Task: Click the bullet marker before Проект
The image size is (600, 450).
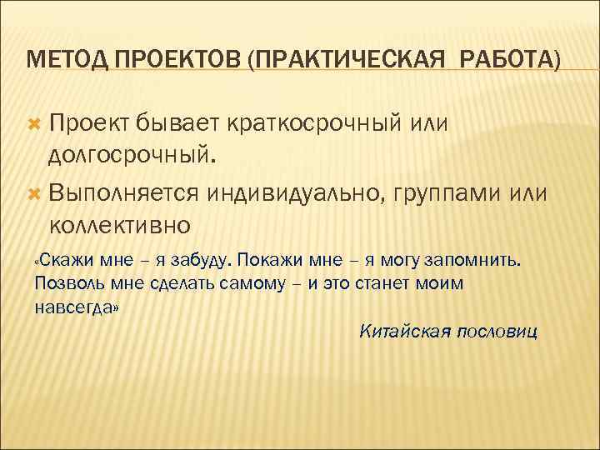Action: (x=34, y=124)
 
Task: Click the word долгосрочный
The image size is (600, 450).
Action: (x=131, y=156)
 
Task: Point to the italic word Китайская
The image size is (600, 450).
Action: (x=398, y=332)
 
